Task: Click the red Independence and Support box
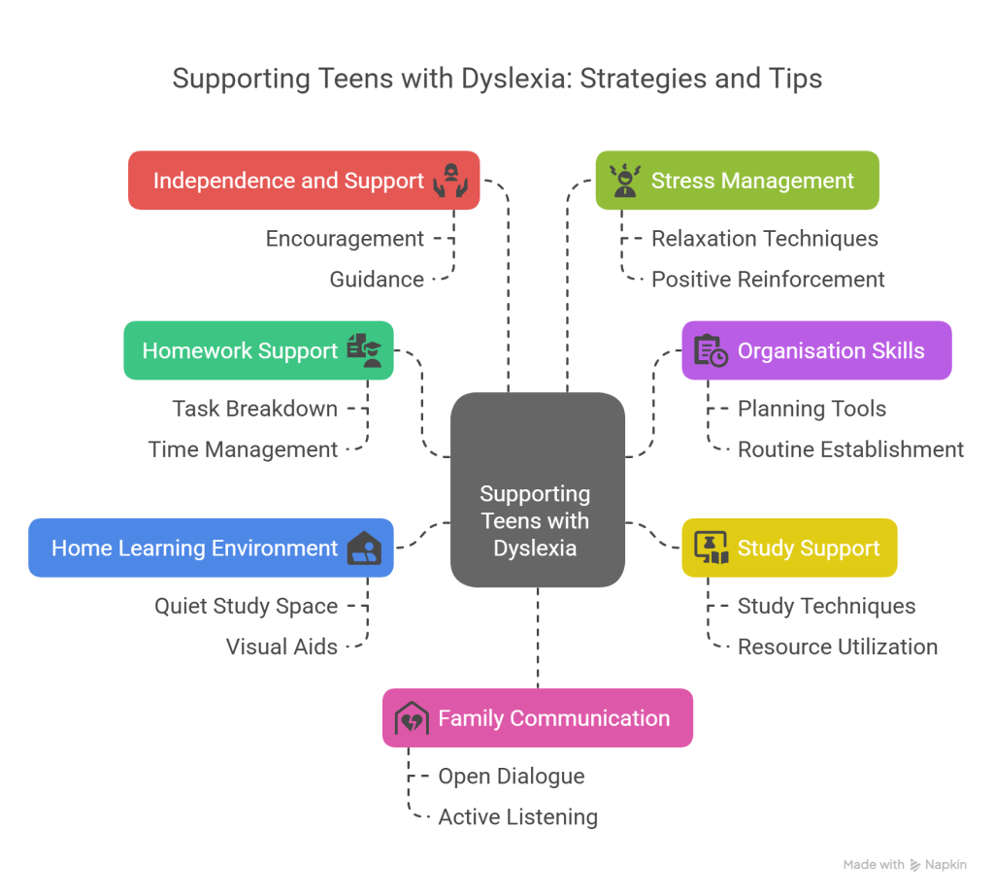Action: click(303, 181)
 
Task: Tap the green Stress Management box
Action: click(738, 181)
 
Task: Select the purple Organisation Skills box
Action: click(816, 350)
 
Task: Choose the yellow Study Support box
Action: click(789, 548)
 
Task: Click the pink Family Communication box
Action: click(537, 718)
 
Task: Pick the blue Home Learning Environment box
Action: click(210, 548)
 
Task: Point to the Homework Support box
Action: click(258, 350)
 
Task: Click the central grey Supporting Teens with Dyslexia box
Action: click(537, 490)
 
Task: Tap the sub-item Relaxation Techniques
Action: click(764, 239)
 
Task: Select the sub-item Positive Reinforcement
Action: click(768, 280)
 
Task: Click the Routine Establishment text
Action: click(850, 449)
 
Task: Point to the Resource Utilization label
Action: click(837, 647)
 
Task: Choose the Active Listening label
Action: click(517, 817)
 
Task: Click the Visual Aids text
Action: click(282, 647)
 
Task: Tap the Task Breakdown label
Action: click(255, 409)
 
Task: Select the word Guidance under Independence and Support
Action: click(377, 280)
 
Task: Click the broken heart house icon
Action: click(412, 719)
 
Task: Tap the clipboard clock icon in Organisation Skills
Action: click(711, 351)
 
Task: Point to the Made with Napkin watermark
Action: click(905, 864)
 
